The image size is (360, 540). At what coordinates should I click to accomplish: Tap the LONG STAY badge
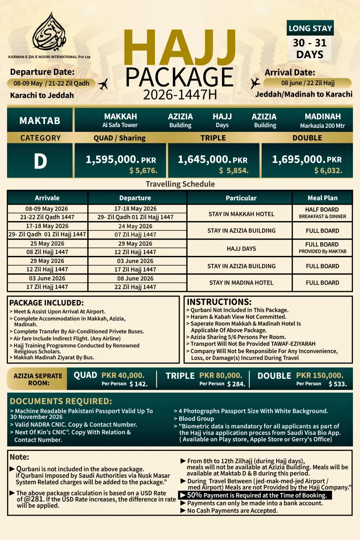pos(310,28)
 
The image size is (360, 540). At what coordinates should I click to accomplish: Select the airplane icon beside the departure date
pos(103,84)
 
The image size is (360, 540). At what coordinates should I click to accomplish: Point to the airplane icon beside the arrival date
pos(255,83)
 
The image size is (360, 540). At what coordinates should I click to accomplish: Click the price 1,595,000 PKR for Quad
pos(121,160)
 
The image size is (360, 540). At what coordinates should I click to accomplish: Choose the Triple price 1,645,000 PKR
pos(213,160)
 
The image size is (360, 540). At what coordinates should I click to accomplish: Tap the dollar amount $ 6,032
pos(328,170)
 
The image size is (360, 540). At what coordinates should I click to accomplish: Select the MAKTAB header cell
pos(40,120)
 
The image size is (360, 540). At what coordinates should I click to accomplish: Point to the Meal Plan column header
pos(322,198)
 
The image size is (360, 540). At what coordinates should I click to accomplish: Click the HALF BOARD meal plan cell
pos(322,210)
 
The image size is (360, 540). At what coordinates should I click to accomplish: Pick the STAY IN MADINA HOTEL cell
pos(241,283)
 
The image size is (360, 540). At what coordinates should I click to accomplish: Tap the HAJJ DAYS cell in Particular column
pos(241,248)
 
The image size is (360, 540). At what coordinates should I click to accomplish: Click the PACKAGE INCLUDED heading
pos(46,303)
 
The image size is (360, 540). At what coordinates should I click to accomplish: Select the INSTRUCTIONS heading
pos(219,302)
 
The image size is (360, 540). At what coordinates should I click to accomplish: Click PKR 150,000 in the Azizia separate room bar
pos(319,375)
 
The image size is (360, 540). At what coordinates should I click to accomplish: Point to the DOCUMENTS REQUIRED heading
pos(61,401)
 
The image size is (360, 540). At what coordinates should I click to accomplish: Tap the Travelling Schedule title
pos(180,184)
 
